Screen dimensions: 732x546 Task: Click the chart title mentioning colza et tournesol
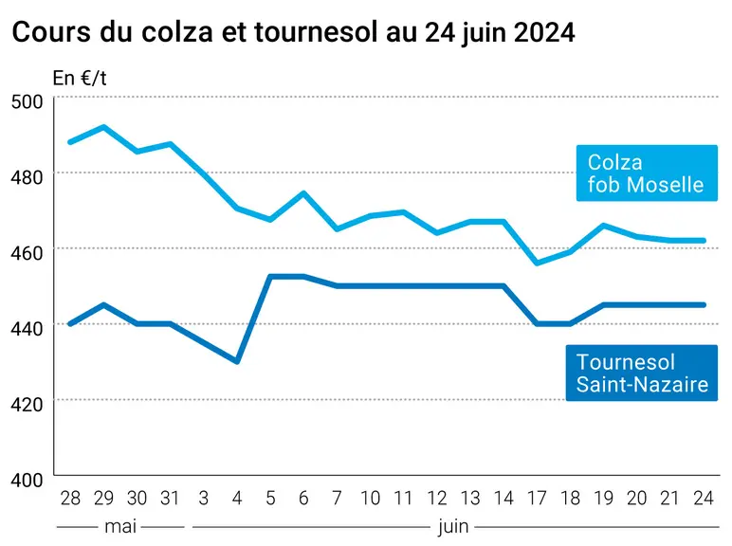[x=293, y=32]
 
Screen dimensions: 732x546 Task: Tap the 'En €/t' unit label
[x=80, y=78]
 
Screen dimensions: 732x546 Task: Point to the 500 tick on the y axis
[x=27, y=101]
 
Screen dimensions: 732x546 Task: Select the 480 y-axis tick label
[x=27, y=177]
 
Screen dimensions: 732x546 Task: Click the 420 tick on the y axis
[x=27, y=404]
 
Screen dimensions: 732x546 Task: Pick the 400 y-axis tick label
[x=27, y=480]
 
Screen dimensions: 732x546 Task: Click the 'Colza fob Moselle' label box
[x=647, y=173]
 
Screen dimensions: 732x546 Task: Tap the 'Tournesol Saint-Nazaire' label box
[x=641, y=373]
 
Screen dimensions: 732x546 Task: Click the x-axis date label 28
[x=70, y=499]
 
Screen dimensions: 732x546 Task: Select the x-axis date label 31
[x=170, y=499]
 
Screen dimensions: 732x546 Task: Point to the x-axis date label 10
[x=370, y=499]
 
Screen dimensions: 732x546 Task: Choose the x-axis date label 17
[x=537, y=499]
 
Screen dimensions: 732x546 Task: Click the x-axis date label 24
[x=704, y=499]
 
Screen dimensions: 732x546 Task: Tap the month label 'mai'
[x=120, y=526]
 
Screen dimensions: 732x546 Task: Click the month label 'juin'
[x=453, y=527]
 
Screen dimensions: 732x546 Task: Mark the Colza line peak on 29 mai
[x=103, y=126]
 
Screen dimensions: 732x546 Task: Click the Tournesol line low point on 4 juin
[x=237, y=362]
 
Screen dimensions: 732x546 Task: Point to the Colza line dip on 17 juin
[x=537, y=264]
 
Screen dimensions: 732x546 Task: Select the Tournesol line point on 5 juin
[x=270, y=276]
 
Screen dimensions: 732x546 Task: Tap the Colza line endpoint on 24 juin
[x=704, y=241]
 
